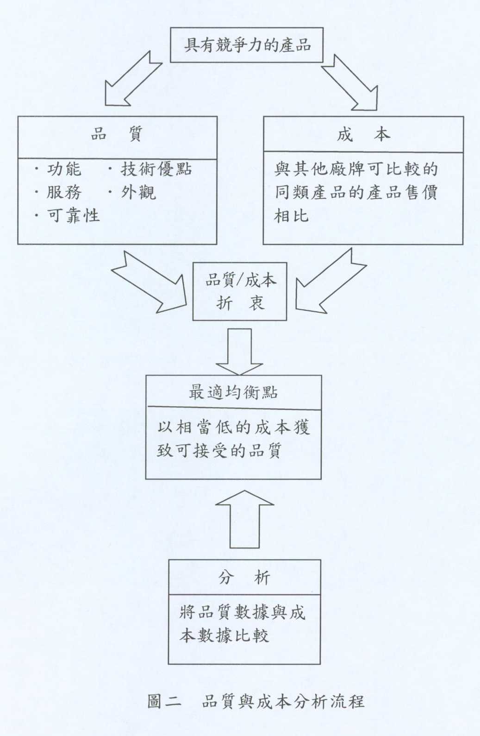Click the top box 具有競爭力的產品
(x=247, y=45)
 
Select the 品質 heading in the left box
(x=117, y=134)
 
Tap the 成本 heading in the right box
(x=364, y=134)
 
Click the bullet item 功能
(x=64, y=170)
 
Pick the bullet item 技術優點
(x=156, y=170)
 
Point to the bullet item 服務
(x=64, y=192)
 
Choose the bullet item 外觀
(x=138, y=192)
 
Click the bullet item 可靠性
(x=73, y=215)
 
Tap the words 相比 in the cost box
(x=292, y=216)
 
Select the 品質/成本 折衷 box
(x=240, y=291)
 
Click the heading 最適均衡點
(x=233, y=392)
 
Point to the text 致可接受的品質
(x=219, y=451)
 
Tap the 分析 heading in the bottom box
(x=244, y=577)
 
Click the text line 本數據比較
(x=224, y=635)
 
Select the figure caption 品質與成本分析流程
(x=283, y=701)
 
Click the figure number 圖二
(x=164, y=701)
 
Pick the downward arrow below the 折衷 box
(x=240, y=352)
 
